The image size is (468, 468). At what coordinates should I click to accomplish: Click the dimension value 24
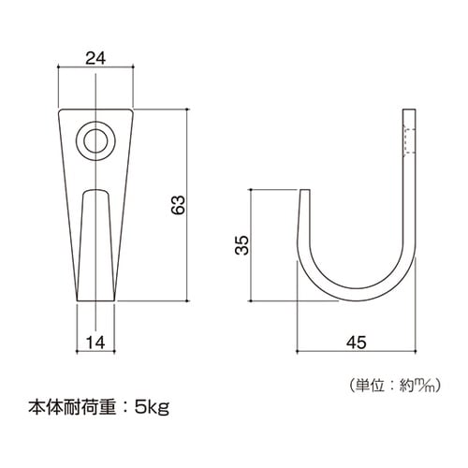[x=95, y=58]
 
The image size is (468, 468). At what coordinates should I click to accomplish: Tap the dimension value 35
[x=241, y=245]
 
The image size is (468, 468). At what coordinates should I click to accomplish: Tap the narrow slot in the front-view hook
[x=95, y=243]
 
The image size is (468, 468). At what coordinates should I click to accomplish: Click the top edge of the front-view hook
[x=95, y=109]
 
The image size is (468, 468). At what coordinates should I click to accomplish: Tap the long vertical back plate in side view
[x=407, y=187]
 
